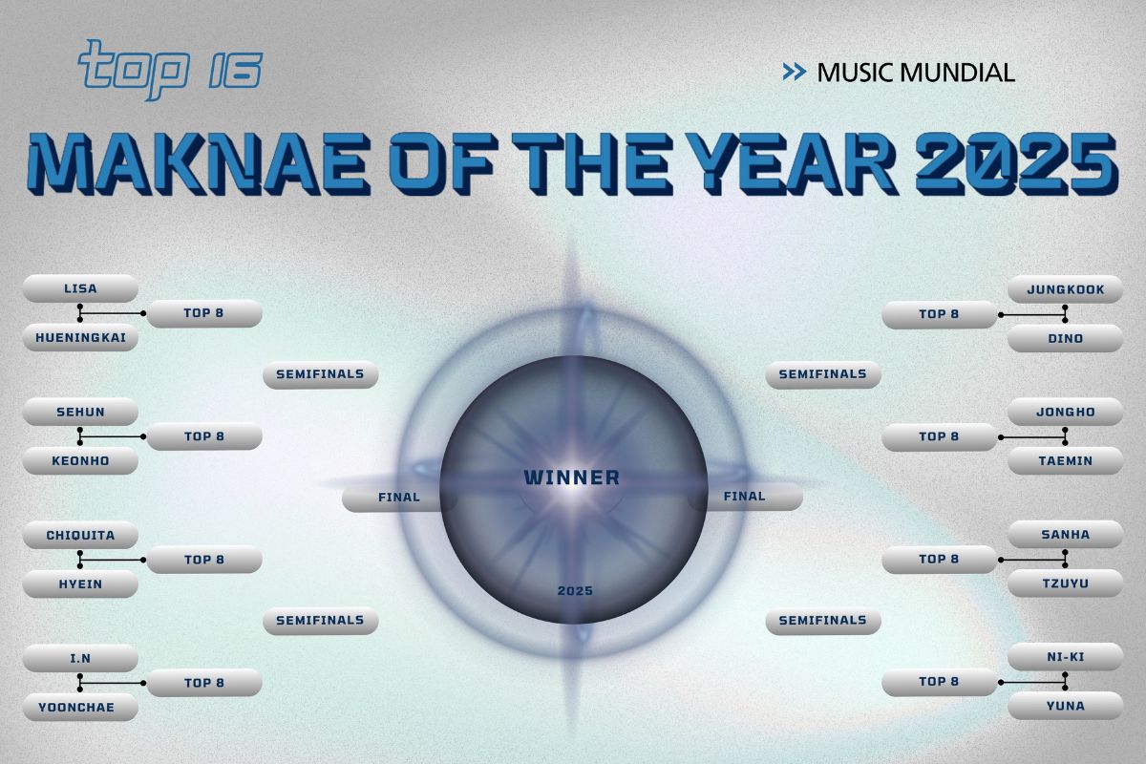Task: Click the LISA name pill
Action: click(x=80, y=288)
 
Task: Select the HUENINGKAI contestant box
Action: click(x=80, y=338)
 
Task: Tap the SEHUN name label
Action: click(x=80, y=413)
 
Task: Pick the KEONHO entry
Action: click(x=80, y=461)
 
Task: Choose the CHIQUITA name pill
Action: click(x=80, y=536)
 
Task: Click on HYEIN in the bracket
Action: click(x=80, y=584)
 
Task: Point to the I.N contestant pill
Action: click(x=80, y=659)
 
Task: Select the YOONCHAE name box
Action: click(x=80, y=708)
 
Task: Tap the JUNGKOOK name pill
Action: click(x=1065, y=288)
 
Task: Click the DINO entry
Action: click(x=1065, y=338)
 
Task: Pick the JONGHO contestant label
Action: click(x=1065, y=413)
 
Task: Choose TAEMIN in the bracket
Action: click(x=1065, y=461)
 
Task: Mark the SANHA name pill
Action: click(x=1065, y=535)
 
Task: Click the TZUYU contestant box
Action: click(x=1065, y=584)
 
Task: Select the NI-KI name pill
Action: click(x=1065, y=657)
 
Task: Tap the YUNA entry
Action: click(x=1065, y=707)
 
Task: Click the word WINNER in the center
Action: click(x=572, y=477)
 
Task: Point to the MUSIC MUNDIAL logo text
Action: click(x=915, y=72)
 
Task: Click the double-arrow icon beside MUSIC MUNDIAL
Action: click(x=794, y=72)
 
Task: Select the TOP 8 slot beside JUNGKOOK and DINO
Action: click(x=939, y=314)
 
